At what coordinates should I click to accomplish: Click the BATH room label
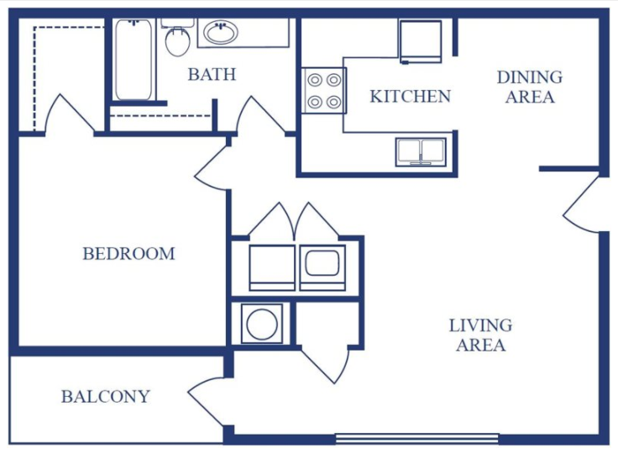[x=212, y=74]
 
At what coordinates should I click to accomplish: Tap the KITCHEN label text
[x=410, y=97]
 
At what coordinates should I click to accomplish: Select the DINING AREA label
[x=529, y=87]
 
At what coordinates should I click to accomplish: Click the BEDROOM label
[x=128, y=253]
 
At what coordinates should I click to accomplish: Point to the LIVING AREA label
[x=480, y=335]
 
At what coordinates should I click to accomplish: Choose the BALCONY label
[x=106, y=397]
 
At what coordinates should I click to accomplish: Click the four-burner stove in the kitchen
[x=324, y=91]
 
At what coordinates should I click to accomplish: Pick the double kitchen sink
[x=422, y=151]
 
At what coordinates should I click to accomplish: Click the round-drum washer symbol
[x=262, y=324]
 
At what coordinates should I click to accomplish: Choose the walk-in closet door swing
[x=70, y=113]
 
